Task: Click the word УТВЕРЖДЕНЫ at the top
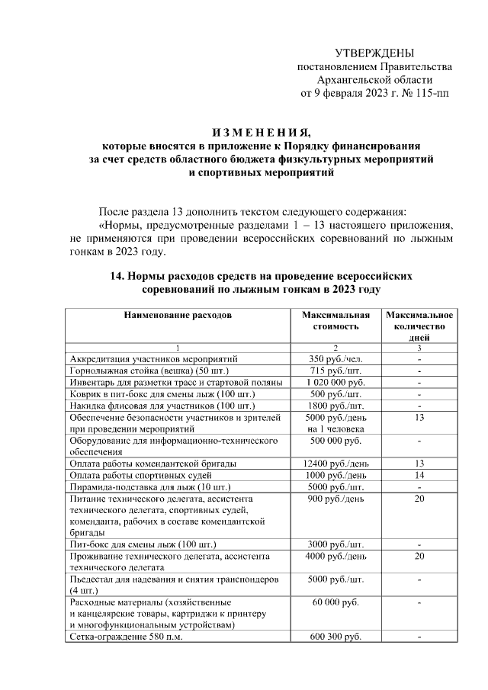(374, 53)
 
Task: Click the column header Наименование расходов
(178, 314)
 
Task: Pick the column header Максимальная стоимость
(335, 319)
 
